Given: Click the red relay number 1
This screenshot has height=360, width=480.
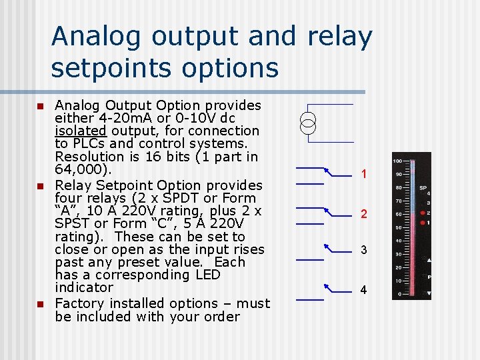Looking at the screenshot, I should (364, 174).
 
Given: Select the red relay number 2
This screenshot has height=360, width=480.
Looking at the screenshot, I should (364, 214).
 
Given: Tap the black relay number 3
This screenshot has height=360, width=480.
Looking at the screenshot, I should (364, 250).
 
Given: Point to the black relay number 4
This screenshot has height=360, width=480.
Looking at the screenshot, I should (364, 290).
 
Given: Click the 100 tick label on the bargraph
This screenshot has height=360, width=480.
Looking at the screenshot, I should (397, 161).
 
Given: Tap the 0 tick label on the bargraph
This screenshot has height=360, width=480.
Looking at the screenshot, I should (399, 293).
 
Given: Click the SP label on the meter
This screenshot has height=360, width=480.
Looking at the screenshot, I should (423, 189).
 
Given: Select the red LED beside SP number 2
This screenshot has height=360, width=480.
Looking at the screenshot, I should (421, 214).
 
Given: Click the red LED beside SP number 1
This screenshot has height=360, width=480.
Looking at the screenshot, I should (421, 221).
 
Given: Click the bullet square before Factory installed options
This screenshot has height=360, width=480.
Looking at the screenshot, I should (39, 304).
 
